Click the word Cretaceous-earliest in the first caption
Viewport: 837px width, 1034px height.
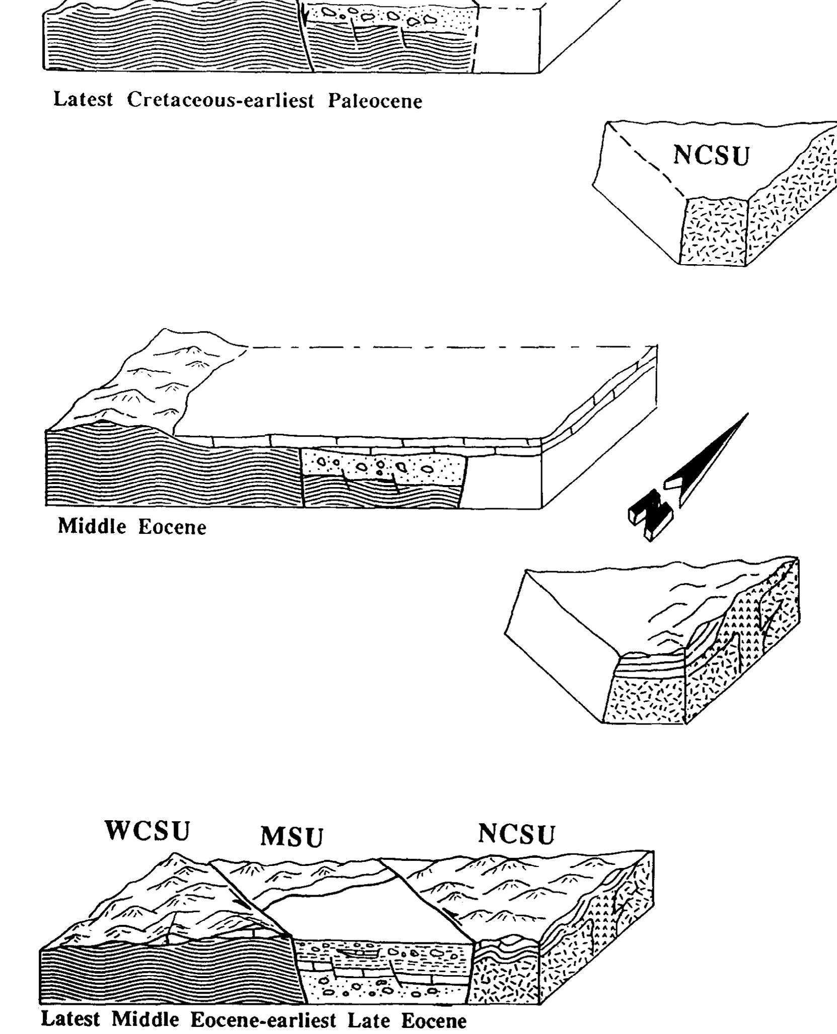tap(220, 100)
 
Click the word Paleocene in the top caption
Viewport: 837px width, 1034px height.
tap(375, 101)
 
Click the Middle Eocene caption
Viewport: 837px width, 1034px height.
tap(132, 526)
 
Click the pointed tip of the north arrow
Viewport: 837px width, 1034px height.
tap(747, 415)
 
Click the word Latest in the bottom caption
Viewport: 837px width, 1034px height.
tap(71, 1020)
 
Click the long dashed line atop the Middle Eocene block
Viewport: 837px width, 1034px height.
tap(443, 347)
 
